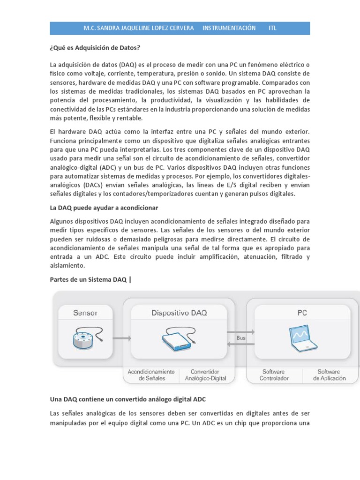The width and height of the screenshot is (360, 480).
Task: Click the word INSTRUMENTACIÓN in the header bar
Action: click(229, 28)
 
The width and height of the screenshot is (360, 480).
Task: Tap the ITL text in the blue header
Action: click(272, 28)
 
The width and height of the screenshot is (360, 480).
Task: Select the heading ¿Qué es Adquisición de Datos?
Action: click(95, 48)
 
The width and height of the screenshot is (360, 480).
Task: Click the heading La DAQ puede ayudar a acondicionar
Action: click(104, 207)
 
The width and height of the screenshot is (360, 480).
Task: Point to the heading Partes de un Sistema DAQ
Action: click(88, 280)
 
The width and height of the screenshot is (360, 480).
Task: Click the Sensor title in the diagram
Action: click(85, 313)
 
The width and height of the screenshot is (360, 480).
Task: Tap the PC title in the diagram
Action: click(302, 313)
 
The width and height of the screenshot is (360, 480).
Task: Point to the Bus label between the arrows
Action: click(241, 337)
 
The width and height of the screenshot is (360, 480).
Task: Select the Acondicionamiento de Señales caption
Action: click(151, 375)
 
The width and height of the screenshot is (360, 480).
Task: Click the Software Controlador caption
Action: click(274, 375)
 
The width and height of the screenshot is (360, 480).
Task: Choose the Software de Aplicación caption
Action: click(329, 375)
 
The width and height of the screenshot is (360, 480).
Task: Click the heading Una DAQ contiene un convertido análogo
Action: click(127, 399)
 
